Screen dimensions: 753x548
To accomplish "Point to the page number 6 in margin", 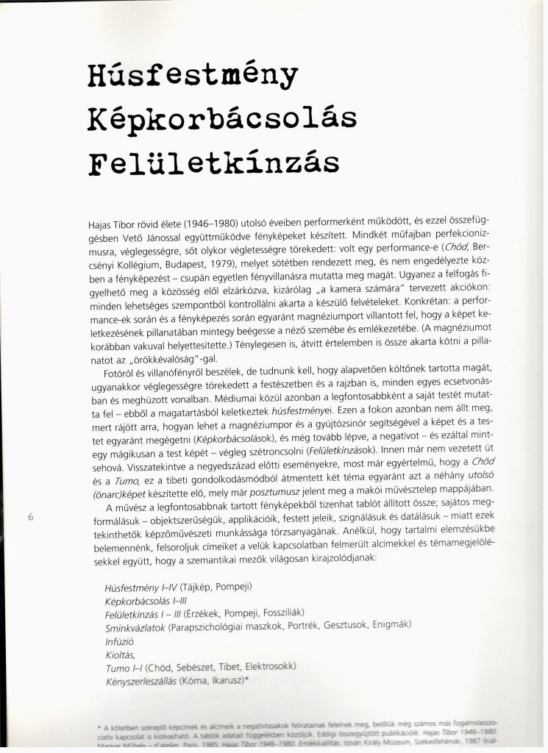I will click(32, 517).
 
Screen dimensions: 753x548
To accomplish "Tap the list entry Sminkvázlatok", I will click(135, 627).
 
